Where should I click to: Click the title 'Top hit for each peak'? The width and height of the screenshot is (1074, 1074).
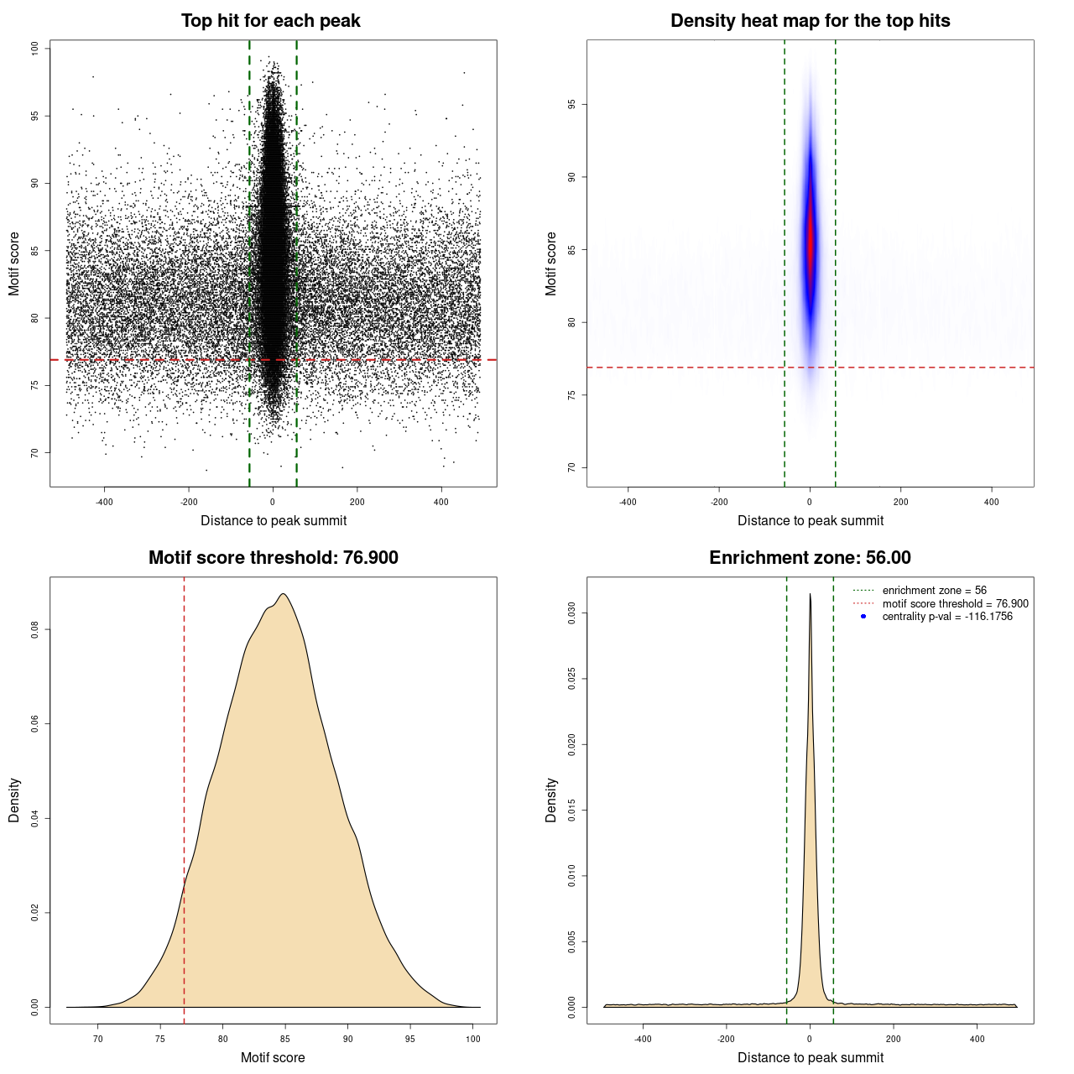(x=270, y=21)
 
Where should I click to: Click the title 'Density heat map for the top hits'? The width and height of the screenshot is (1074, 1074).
(x=810, y=21)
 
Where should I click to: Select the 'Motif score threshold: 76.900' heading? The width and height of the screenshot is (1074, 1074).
(x=273, y=558)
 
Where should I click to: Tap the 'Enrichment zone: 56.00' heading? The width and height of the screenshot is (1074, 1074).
(x=810, y=558)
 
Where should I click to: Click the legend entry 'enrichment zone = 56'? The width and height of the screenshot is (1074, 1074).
(x=934, y=591)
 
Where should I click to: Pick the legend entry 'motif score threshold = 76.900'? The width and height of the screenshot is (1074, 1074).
(x=955, y=603)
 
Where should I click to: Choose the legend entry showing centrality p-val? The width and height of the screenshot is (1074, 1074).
(x=947, y=617)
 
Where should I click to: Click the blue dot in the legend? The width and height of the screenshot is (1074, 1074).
(x=863, y=617)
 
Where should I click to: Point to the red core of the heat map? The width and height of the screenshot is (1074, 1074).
(x=811, y=239)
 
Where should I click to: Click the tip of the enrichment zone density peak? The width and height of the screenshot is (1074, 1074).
(x=810, y=594)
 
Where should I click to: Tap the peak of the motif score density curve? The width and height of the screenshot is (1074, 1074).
(x=284, y=594)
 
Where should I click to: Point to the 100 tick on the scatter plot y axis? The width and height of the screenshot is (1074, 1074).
(x=35, y=49)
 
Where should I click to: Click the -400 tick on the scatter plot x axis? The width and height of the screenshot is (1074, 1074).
(x=104, y=502)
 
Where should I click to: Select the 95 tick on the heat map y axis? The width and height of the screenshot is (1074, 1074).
(x=571, y=104)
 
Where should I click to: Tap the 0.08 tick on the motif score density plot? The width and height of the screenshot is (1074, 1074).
(x=35, y=629)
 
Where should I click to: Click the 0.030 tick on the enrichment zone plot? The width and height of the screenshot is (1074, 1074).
(x=571, y=613)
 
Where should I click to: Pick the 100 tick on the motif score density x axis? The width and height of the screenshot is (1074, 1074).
(x=473, y=1039)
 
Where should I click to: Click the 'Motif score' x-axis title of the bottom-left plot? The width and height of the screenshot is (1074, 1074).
(x=273, y=1057)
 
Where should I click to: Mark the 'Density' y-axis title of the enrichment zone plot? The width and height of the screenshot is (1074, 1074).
(x=551, y=800)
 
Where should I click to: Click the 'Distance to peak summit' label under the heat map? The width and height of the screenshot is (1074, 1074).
(x=810, y=520)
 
